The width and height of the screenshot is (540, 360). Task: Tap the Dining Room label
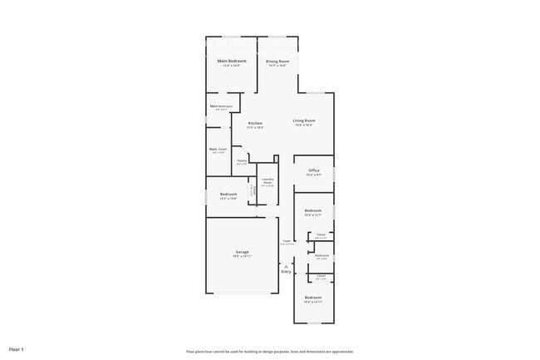(x=277, y=62)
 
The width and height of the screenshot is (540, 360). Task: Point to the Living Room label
(x=304, y=121)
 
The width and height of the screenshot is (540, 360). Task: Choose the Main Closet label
(x=218, y=149)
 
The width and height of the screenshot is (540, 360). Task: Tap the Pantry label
(x=242, y=160)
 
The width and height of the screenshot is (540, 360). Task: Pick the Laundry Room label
(x=268, y=180)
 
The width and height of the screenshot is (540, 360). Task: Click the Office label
(x=313, y=170)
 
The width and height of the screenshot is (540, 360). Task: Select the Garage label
(x=242, y=252)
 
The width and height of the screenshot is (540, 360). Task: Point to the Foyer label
(x=287, y=241)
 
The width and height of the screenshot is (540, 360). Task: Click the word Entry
(x=286, y=272)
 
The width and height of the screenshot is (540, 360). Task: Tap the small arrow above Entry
(x=286, y=265)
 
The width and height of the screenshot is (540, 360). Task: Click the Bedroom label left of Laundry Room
(x=228, y=195)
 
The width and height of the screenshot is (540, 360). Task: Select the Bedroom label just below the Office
(x=313, y=211)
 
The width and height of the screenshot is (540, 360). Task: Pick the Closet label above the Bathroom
(x=322, y=235)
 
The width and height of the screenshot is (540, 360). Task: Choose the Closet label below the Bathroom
(x=321, y=276)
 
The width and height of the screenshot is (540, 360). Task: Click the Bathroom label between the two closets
(x=322, y=255)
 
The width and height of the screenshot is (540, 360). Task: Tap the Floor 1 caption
(x=17, y=349)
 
